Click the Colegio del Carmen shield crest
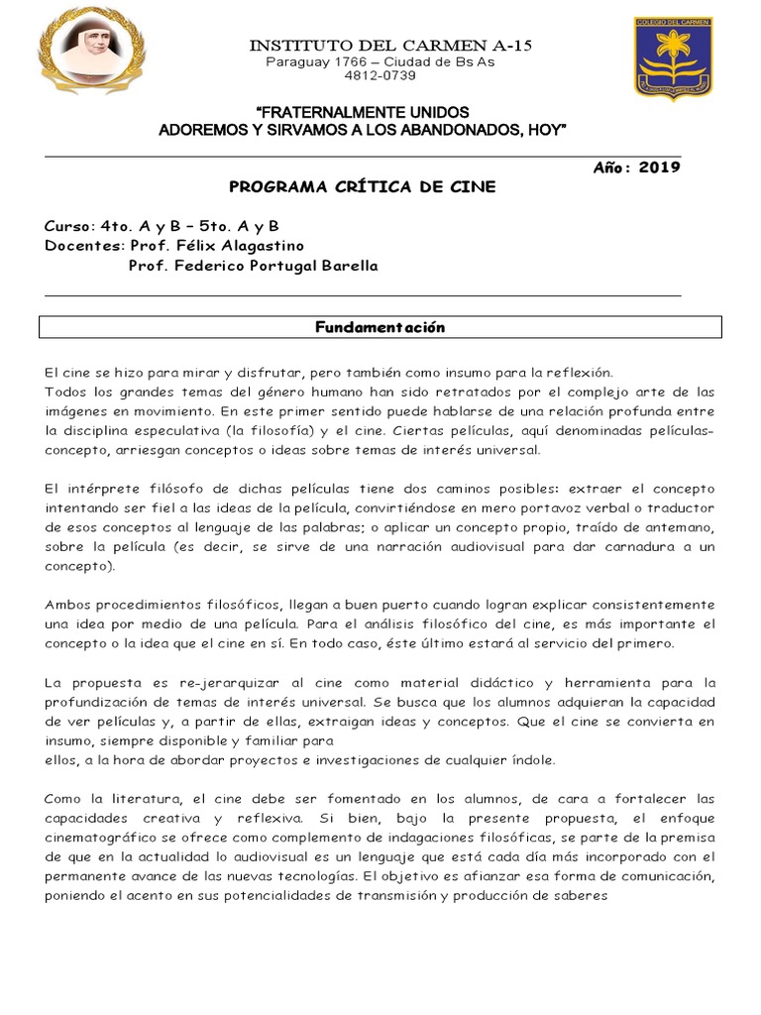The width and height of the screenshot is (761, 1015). click(674, 57)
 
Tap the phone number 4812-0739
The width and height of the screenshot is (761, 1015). click(380, 75)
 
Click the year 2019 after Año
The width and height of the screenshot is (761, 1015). click(659, 168)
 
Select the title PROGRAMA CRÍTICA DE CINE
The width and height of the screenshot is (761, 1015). click(363, 186)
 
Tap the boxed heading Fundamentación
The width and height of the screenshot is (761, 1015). click(380, 327)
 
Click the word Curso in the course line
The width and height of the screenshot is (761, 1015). click(66, 226)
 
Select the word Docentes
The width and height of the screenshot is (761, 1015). click(83, 246)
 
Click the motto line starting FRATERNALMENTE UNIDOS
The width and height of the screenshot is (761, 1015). click(363, 112)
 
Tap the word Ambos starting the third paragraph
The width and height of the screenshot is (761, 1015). click(66, 605)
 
